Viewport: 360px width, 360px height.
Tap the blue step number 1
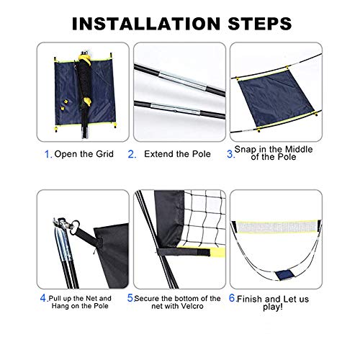(48, 154)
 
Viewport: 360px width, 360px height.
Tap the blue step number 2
(132, 154)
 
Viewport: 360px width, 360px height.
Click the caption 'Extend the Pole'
(178, 154)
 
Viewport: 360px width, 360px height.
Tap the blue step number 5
(130, 297)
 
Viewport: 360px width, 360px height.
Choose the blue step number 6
(231, 297)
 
